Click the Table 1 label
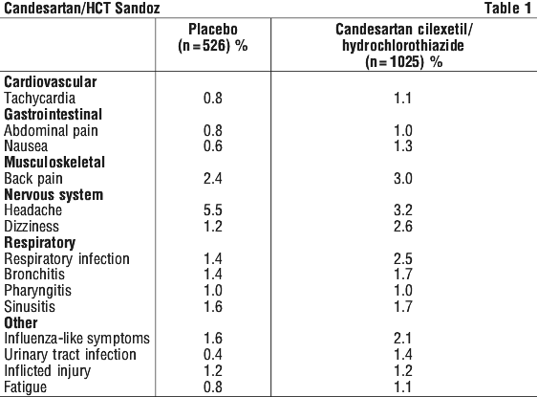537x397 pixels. click(507, 8)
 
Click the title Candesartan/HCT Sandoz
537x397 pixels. click(82, 9)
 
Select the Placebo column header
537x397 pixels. click(213, 37)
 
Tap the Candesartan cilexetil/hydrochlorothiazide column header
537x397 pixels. click(403, 46)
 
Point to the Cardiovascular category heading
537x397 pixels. click(51, 82)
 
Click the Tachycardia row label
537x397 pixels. click(40, 98)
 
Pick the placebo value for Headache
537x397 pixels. click(213, 210)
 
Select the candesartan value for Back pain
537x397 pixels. click(403, 178)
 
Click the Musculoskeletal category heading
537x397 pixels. click(54, 163)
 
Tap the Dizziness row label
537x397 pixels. click(32, 227)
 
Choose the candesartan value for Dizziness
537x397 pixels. click(403, 227)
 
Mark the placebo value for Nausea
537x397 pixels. click(213, 146)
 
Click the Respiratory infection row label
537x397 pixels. click(67, 259)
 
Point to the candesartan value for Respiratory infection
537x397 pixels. click(403, 259)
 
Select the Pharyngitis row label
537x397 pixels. click(37, 291)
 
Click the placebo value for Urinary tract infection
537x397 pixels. click(213, 355)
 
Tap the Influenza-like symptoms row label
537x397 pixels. click(77, 339)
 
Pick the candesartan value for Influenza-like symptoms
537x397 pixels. click(403, 339)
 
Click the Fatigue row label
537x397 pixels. click(26, 387)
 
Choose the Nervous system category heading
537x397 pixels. click(54, 195)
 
